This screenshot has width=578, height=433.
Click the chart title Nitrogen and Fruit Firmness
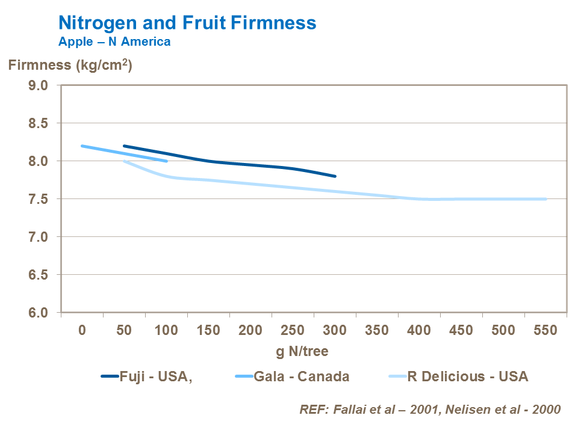click(x=187, y=23)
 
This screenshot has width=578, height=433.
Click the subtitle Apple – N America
click(x=114, y=41)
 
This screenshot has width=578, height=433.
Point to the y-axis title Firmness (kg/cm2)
click(x=70, y=65)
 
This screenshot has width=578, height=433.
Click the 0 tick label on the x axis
click(x=82, y=330)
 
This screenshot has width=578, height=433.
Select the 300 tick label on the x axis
click(x=334, y=330)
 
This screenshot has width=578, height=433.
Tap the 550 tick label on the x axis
click(x=545, y=330)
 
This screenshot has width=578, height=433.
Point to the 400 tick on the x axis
click(x=418, y=330)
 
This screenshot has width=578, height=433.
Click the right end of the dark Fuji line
click(x=335, y=176)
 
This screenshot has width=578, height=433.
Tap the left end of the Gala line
click(x=82, y=146)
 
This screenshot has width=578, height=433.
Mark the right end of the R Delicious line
click(x=545, y=199)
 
